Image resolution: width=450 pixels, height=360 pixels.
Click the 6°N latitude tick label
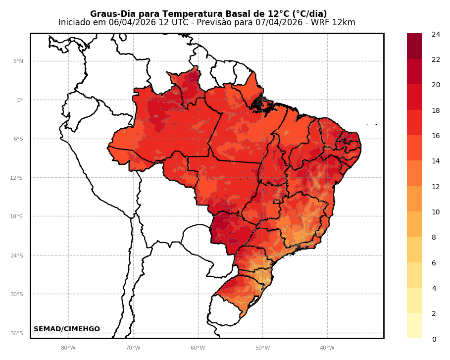(x=18, y=61)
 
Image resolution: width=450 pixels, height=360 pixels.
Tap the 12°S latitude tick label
(x=17, y=178)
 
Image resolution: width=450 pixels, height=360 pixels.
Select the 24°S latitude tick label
(x=17, y=256)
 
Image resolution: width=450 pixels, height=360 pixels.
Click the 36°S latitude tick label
(x=17, y=333)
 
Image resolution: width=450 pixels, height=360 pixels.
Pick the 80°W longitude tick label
(x=68, y=348)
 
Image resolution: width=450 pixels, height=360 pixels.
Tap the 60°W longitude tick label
(x=198, y=348)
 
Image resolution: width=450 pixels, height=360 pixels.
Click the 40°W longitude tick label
(x=327, y=348)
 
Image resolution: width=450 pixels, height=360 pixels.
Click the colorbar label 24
(x=436, y=34)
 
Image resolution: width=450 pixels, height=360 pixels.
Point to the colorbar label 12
(x=436, y=187)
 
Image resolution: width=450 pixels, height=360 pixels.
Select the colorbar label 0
(x=434, y=339)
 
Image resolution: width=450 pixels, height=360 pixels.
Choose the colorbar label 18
(x=436, y=110)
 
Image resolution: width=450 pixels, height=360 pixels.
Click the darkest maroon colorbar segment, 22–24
(x=414, y=46)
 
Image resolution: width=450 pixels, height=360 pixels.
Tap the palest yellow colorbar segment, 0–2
(x=414, y=326)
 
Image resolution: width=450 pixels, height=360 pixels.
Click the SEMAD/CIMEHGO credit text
(x=67, y=329)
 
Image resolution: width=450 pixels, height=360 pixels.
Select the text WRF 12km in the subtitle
(x=338, y=23)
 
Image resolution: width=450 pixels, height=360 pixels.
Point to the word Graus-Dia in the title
(x=108, y=14)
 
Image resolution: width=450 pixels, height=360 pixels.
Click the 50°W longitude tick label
(x=262, y=348)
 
